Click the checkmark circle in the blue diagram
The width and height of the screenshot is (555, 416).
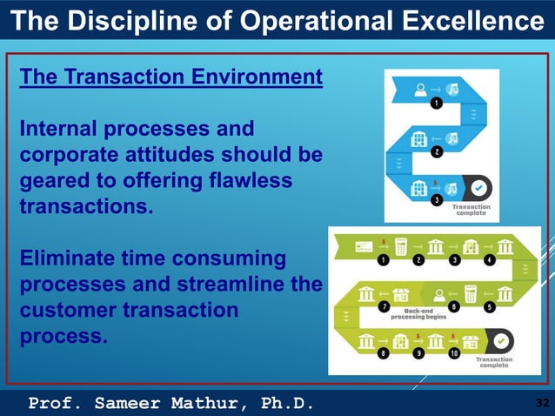[478, 187]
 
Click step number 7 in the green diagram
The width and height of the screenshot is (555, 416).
[383, 307]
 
